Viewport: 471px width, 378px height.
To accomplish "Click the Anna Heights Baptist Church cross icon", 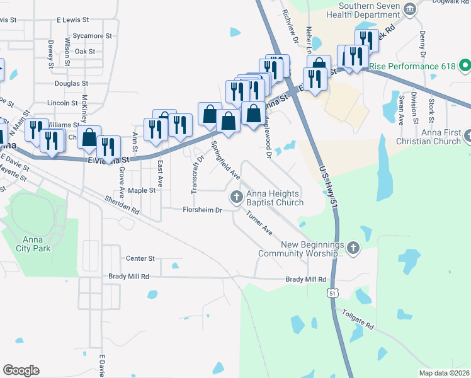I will [237, 197].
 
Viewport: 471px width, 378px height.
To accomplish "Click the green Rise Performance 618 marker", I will [465, 66].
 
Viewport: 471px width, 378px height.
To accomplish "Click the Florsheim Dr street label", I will [202, 210].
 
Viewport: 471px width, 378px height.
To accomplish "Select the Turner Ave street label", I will [259, 222].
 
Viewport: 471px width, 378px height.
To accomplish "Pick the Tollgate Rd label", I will [358, 319].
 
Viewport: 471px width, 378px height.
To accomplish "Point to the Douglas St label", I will [71, 83].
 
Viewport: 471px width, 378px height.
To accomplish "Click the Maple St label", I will [142, 190].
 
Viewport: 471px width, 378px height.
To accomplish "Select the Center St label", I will [140, 258].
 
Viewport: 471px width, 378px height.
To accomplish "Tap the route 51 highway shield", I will [332, 293].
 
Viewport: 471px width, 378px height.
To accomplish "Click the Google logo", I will [21, 370].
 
